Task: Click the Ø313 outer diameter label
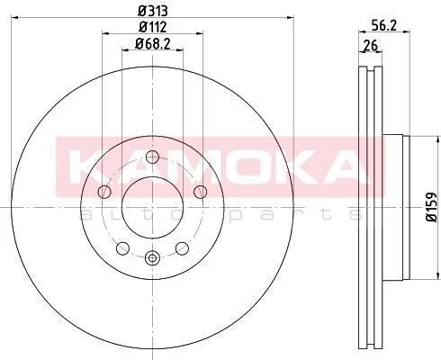(x=152, y=12)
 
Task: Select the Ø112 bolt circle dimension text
(x=153, y=28)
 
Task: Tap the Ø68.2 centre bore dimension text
(x=153, y=44)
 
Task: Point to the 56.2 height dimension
(x=384, y=25)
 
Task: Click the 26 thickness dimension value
(x=370, y=46)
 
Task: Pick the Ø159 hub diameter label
(x=431, y=207)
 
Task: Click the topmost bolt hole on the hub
(x=152, y=157)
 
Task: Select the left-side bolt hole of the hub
(x=104, y=192)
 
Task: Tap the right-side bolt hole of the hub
(x=200, y=192)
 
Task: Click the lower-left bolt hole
(x=122, y=248)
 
